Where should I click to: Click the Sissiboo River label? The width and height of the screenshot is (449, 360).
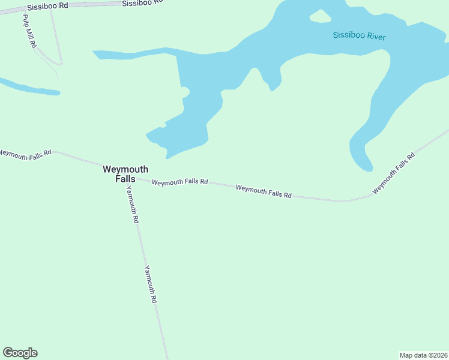[359, 36]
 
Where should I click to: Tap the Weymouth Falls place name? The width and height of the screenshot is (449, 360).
[125, 174]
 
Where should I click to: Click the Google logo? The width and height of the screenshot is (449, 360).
[20, 353]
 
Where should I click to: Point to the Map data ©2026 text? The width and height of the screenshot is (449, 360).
[423, 355]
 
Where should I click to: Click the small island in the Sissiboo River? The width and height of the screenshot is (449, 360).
[320, 16]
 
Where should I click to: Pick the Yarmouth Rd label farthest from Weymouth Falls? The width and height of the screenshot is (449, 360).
[150, 284]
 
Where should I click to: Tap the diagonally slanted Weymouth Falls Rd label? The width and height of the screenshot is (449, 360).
[394, 173]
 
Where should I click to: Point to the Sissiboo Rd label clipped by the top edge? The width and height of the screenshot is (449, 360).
[142, 2]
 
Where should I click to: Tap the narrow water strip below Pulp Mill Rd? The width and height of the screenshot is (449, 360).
[30, 88]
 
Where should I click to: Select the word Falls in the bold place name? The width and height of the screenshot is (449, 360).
[125, 179]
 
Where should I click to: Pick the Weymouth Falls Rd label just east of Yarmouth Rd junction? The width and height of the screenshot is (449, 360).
[179, 182]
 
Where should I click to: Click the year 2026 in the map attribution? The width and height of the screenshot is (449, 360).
[437, 355]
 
